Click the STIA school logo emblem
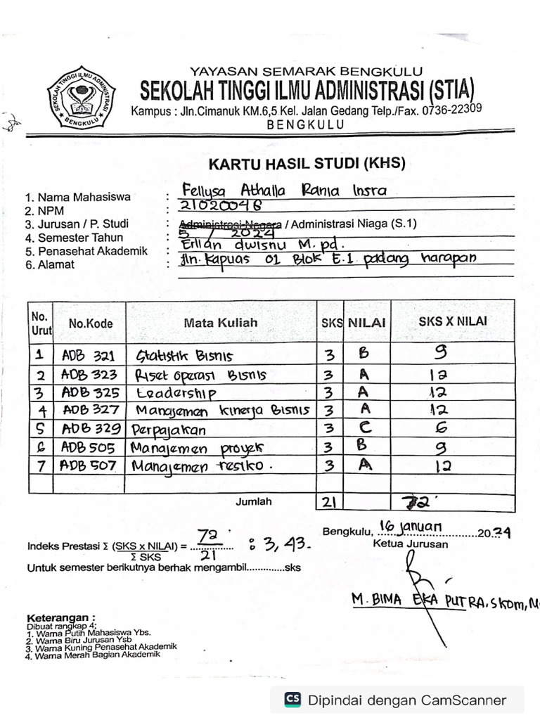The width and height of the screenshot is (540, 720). click(x=81, y=97)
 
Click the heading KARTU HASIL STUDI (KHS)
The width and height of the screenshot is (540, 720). click(x=307, y=164)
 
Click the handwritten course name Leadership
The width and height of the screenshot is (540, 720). click(x=176, y=392)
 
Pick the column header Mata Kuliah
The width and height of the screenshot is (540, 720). click(x=221, y=323)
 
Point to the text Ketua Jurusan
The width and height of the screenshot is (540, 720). click(x=401, y=544)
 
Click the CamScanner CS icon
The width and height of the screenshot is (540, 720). click(x=292, y=700)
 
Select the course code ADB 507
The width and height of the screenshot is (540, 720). click(x=88, y=465)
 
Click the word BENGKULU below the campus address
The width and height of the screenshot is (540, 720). click(x=306, y=124)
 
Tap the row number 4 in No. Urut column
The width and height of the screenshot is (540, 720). click(x=41, y=410)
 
